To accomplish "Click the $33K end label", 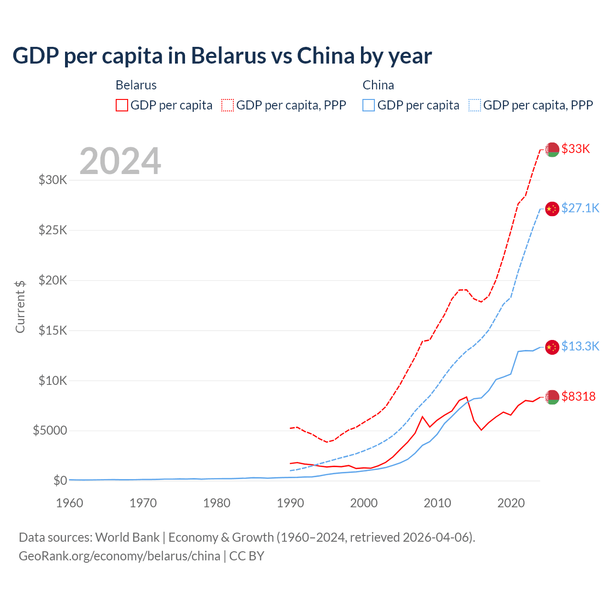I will point(576,149).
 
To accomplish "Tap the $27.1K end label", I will point(580,208).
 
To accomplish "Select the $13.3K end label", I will point(580,347).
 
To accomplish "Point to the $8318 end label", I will point(579,397).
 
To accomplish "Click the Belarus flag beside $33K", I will point(552,150).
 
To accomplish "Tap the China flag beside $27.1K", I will point(552,209).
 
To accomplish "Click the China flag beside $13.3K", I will point(552,347).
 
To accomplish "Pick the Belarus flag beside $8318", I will point(552,397).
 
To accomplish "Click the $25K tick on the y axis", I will point(53,230).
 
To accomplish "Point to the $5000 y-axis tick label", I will point(50,431).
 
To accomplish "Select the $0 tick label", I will point(60,481).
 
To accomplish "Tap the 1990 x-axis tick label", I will point(290,503).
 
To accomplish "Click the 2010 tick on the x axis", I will point(437,503).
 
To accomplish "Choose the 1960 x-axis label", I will point(70,503).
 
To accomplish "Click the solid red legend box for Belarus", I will point(122,105).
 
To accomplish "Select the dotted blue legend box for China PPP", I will point(475,105).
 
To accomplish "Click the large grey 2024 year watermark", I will point(120,162).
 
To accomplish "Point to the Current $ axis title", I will point(20,307).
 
